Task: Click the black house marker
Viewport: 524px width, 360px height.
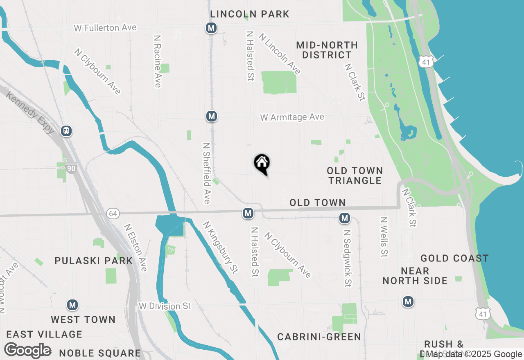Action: [262, 164]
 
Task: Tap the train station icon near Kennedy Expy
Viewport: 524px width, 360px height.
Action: [66, 131]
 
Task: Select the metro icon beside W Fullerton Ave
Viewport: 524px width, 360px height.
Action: [211, 28]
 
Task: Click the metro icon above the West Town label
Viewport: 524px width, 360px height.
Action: [72, 305]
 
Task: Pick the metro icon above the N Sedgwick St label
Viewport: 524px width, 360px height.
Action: [345, 218]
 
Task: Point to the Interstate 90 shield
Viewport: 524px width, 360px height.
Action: [72, 168]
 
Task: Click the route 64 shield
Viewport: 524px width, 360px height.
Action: [113, 213]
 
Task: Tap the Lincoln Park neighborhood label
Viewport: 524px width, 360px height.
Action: [250, 14]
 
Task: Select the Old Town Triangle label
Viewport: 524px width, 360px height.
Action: [355, 175]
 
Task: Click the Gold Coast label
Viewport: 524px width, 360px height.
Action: [454, 259]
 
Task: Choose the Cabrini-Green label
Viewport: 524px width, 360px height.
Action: [319, 337]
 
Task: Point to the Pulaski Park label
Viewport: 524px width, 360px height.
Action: [94, 261]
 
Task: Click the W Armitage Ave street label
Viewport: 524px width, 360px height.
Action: [292, 117]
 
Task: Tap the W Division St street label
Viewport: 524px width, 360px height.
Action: [165, 306]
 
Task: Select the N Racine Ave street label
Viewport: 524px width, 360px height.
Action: [158, 61]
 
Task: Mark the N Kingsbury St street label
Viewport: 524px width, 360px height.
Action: [221, 248]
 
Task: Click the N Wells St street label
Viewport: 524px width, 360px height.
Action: [384, 237]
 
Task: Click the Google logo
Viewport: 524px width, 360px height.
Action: [28, 351]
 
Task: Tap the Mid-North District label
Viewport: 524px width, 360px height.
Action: [327, 50]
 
